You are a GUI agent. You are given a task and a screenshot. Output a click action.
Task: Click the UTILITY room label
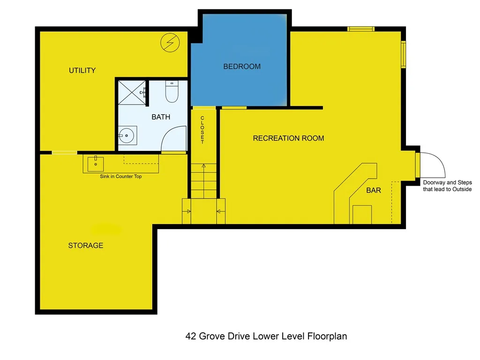82,70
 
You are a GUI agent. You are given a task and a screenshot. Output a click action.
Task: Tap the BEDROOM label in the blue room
241,67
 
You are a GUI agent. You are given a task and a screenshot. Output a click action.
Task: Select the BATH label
160,117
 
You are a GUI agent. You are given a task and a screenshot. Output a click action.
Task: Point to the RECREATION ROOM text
288,138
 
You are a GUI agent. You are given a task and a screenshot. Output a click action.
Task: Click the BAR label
373,190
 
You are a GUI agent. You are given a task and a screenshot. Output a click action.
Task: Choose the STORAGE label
85,245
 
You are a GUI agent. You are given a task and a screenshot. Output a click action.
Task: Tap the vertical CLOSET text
202,130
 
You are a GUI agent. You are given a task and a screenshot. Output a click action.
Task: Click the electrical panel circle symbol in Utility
170,43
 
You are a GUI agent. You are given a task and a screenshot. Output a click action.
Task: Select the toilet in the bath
172,93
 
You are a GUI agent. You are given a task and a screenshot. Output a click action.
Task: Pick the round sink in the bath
127,136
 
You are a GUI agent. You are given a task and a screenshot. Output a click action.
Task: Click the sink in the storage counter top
96,162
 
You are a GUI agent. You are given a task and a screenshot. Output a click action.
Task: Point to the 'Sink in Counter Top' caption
120,177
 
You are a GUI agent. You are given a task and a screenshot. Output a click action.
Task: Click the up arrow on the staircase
203,166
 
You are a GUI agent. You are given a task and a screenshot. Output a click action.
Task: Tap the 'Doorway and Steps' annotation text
447,186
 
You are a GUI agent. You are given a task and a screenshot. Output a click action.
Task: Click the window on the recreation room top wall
361,29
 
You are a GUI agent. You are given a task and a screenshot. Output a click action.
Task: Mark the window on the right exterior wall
403,54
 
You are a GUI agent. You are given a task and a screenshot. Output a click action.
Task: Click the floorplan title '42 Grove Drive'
266,336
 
